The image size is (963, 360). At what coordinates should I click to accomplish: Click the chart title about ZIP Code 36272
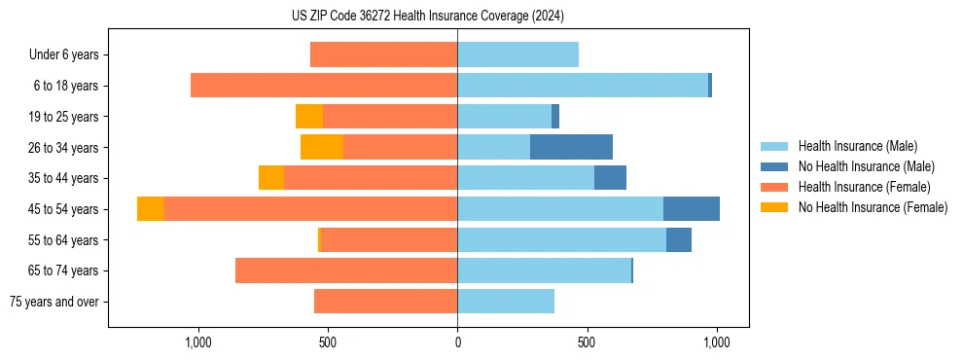(x=428, y=16)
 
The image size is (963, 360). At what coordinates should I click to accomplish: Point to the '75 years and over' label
(x=54, y=302)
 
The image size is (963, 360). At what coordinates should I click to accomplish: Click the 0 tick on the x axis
(x=457, y=343)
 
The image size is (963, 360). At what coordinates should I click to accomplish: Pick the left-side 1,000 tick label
(x=198, y=343)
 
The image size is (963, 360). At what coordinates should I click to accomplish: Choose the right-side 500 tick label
(x=587, y=343)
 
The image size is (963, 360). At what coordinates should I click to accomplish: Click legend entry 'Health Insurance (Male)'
(x=857, y=146)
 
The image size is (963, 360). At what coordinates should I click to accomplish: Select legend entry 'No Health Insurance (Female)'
(x=873, y=207)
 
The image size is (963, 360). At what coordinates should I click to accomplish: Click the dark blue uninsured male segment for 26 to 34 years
(x=571, y=147)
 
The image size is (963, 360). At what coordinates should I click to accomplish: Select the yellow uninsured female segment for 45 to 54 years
(x=151, y=209)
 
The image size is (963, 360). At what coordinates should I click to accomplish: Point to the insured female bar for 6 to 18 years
(x=324, y=86)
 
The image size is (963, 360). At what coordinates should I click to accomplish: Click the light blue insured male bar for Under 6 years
(x=517, y=54)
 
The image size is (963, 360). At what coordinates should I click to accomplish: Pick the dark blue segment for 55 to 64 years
(x=679, y=239)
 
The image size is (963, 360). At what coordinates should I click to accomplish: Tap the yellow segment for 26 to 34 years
(x=322, y=147)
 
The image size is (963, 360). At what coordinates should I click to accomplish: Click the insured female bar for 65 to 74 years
(x=346, y=270)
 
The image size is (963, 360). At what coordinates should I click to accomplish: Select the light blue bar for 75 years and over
(x=506, y=302)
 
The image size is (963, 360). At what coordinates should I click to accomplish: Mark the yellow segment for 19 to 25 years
(x=309, y=117)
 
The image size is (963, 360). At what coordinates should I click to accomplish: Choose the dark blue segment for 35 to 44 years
(x=610, y=178)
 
